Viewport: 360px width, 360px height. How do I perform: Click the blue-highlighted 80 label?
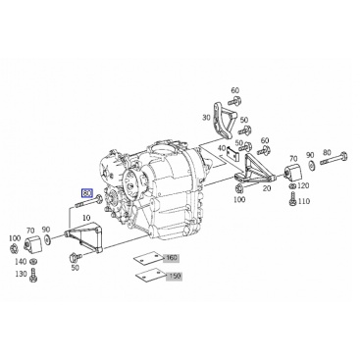click(x=87, y=193)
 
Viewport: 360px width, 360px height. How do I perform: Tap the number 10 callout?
click(x=86, y=218)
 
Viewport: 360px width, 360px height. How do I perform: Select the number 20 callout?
click(x=267, y=188)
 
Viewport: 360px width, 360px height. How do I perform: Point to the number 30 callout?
click(x=206, y=118)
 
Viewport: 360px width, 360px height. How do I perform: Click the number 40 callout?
click(x=222, y=148)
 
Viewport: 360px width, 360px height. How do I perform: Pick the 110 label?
click(x=304, y=201)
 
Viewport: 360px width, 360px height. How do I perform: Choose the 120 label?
click(x=303, y=186)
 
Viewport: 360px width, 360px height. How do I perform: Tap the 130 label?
click(x=21, y=274)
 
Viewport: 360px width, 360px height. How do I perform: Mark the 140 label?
click(x=21, y=261)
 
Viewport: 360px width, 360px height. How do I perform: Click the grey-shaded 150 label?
click(x=174, y=277)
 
